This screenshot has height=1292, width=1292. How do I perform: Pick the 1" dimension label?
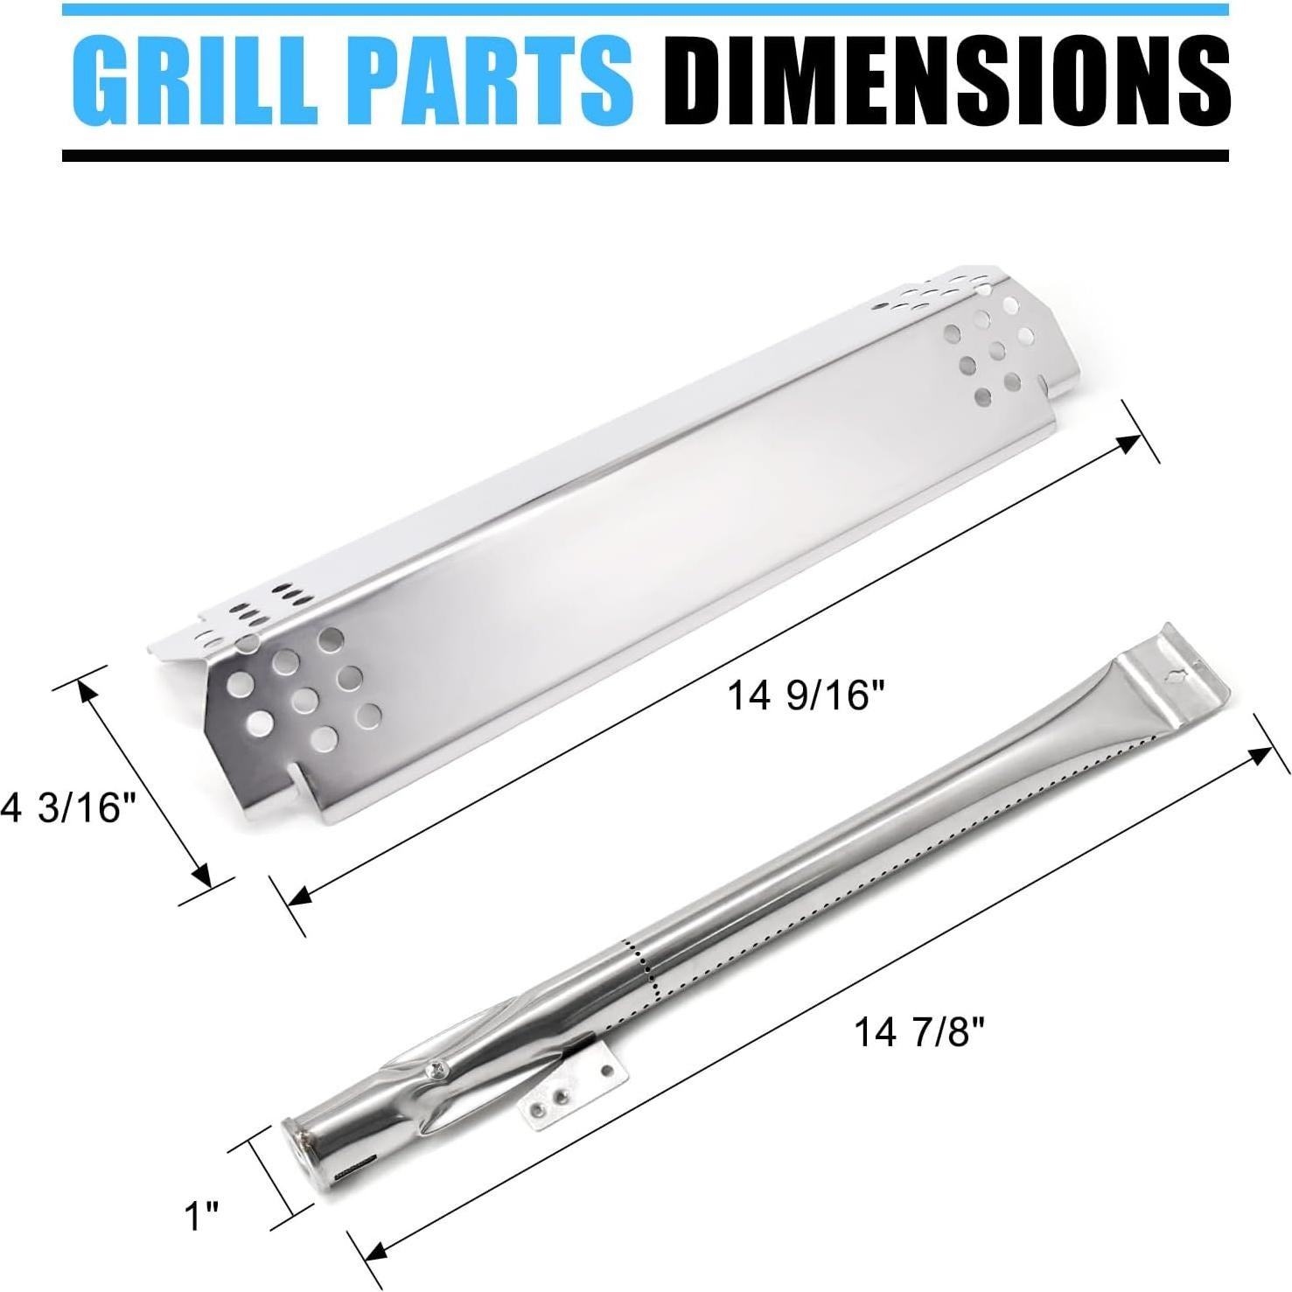[x=201, y=1216]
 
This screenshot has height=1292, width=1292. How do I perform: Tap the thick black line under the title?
[x=646, y=155]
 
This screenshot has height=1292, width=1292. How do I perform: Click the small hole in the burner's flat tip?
[x=1176, y=674]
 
